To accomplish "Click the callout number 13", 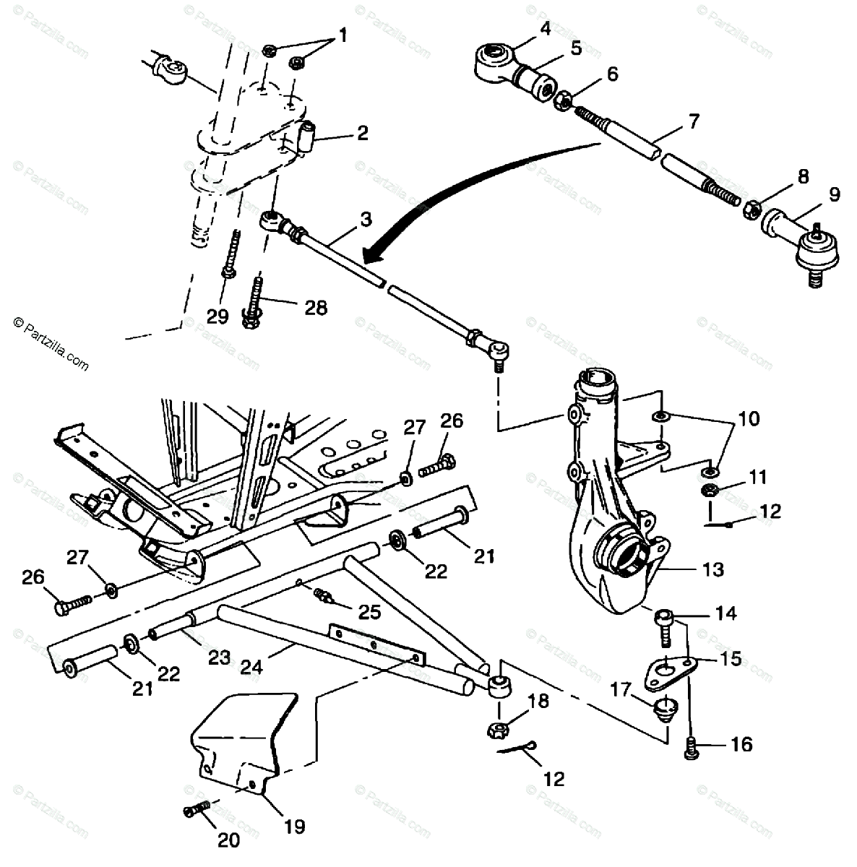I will (x=712, y=570).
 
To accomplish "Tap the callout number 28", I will (x=315, y=308).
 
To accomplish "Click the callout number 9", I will (x=834, y=194).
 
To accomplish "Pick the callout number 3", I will (x=366, y=219).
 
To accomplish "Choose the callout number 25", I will (x=369, y=612).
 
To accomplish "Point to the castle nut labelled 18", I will (x=499, y=728).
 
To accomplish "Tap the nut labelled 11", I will (x=710, y=493).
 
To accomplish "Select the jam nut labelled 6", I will (x=562, y=100).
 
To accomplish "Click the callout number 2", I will (x=361, y=133).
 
